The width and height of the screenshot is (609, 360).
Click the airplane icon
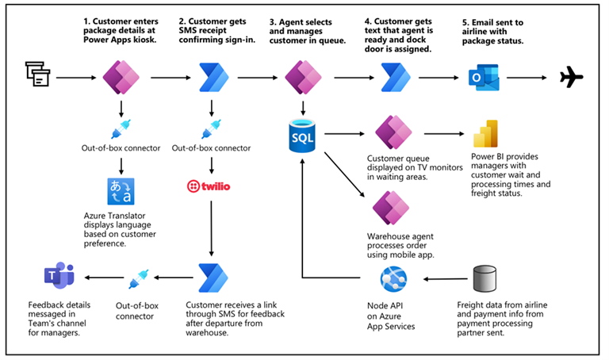point(571,77)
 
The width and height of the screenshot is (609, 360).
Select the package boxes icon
point(36,75)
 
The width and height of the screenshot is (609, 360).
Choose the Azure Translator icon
point(122,191)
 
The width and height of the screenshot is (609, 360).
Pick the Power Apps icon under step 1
point(122,77)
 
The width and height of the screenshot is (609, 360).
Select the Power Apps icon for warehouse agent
point(391,207)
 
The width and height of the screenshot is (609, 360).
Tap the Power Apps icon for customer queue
point(392,132)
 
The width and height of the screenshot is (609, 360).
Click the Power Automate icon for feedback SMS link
point(212,278)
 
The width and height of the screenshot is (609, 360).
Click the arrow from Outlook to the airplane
point(523,78)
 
